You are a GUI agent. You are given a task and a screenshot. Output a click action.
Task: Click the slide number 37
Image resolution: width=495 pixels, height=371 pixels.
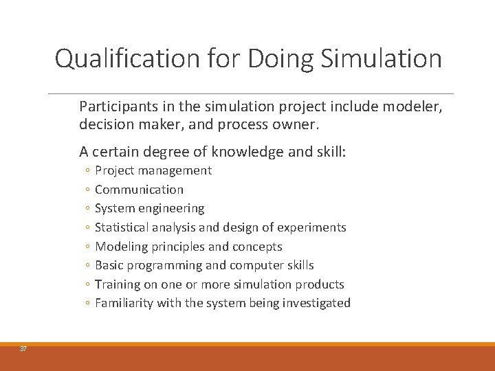click(23, 349)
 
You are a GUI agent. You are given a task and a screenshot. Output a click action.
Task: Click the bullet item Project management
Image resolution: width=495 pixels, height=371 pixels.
click(153, 170)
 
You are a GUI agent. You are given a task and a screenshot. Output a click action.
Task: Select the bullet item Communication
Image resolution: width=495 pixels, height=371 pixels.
click(139, 190)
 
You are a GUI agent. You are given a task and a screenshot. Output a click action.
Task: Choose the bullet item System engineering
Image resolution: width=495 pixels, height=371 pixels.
click(149, 208)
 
